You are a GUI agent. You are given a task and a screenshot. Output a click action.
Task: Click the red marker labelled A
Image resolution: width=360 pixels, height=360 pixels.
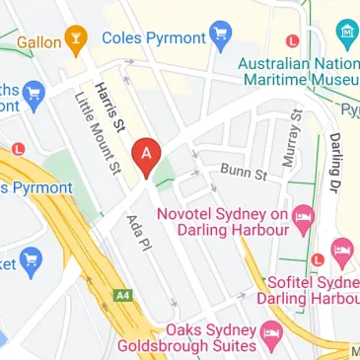pos(147,155)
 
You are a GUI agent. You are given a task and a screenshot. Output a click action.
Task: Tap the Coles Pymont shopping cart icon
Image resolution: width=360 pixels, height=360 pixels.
pos(222,38)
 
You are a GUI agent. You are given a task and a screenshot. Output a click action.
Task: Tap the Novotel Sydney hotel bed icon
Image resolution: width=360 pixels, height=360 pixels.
pos(305,214)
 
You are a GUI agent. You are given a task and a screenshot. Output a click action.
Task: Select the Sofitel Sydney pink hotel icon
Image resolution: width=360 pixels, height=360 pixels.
pos(342,251)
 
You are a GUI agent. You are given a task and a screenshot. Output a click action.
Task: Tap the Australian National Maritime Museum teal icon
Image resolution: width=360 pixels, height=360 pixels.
pos(346,33)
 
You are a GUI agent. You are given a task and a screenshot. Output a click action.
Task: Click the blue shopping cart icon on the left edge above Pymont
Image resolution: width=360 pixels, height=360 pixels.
pos(35,95)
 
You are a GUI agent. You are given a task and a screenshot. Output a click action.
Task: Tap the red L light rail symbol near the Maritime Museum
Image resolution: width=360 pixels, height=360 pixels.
pos(291,40)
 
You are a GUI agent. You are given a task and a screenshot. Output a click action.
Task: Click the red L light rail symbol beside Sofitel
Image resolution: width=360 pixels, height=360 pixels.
pos(317,260)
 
